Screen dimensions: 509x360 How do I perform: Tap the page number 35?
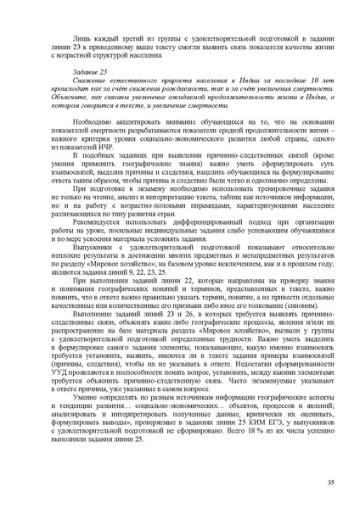pyautogui.click(x=330, y=482)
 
